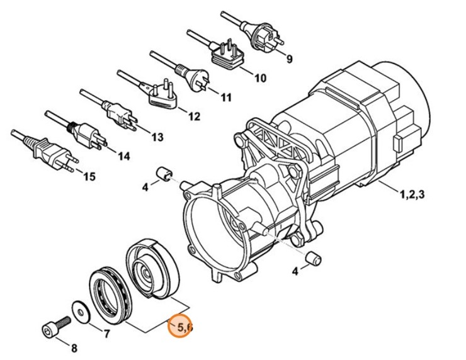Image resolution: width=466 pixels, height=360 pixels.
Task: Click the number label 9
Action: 289,60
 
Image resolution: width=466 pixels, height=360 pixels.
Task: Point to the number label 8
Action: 74,348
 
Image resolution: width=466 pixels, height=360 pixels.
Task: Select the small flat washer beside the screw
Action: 81,309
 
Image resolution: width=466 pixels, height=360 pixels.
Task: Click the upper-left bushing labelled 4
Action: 164,172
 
